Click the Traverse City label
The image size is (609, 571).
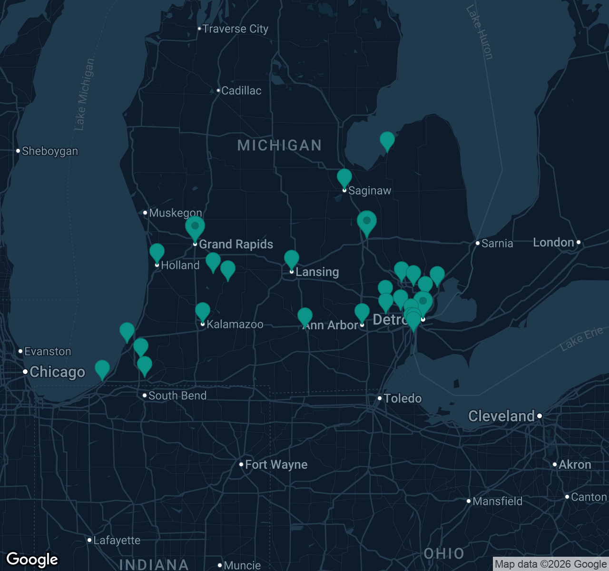235,29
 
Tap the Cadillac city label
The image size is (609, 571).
241,90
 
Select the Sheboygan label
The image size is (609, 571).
49,151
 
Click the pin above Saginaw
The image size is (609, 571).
344,178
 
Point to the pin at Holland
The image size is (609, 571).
157,253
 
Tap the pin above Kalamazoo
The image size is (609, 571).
203,312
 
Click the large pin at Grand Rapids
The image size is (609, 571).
195,227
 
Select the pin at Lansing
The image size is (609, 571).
292,259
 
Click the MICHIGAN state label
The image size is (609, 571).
279,145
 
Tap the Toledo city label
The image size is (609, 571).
403,398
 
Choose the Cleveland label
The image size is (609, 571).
501,416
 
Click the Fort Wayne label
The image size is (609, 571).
276,464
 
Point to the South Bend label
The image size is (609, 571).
177,395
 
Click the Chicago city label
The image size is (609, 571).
57,372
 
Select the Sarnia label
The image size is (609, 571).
497,244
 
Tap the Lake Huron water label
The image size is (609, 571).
479,32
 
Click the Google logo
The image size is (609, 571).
32,560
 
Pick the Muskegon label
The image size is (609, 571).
175,213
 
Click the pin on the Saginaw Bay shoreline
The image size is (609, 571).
387,140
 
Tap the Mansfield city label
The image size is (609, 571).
497,501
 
